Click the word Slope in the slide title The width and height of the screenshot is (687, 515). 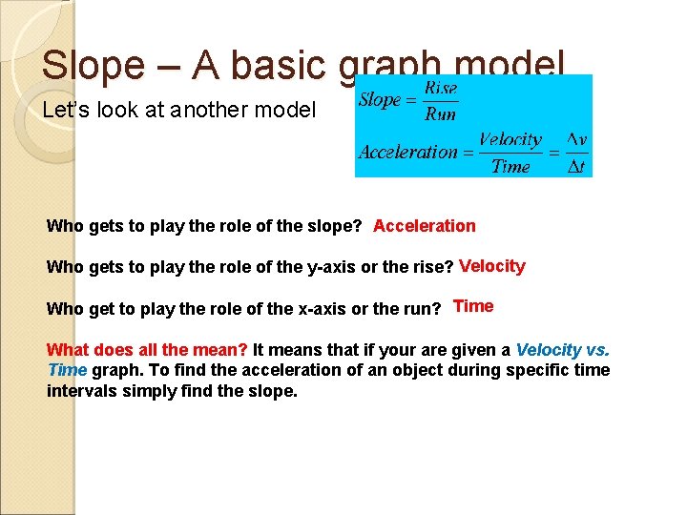[x=93, y=65]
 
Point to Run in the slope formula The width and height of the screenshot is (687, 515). [x=440, y=113]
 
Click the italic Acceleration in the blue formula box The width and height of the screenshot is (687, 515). [x=408, y=152]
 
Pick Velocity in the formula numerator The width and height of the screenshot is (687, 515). [x=510, y=140]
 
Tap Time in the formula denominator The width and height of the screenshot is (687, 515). [x=510, y=166]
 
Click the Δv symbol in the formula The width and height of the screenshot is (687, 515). [x=576, y=140]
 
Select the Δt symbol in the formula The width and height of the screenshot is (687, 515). [x=576, y=166]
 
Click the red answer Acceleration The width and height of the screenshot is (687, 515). [x=424, y=226]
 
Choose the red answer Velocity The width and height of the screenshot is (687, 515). [x=491, y=266]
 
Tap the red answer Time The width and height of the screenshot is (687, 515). [x=473, y=306]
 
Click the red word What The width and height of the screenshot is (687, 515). [x=67, y=350]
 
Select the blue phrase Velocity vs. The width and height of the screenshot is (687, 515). [x=562, y=350]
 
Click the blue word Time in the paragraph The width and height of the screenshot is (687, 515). [x=67, y=370]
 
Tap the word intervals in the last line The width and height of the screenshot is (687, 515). [x=79, y=390]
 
